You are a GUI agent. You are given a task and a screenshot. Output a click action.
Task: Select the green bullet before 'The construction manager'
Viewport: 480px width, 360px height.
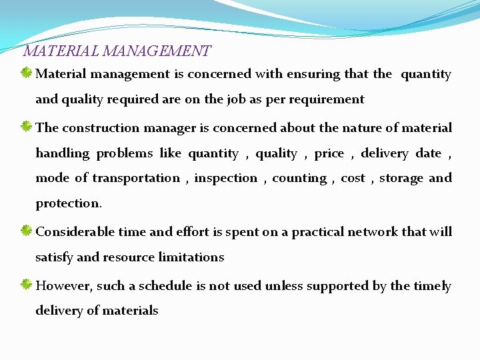pyautogui.click(x=27, y=127)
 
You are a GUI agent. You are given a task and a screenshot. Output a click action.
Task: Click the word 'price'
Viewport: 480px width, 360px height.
pyautogui.click(x=329, y=153)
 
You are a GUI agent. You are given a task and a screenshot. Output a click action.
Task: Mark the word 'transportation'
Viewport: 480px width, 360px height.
pyautogui.click(x=136, y=178)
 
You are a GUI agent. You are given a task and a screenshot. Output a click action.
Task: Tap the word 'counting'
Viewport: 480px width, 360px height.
pyautogui.click(x=299, y=178)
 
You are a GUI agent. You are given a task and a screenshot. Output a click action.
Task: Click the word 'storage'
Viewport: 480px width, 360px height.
pyautogui.click(x=401, y=178)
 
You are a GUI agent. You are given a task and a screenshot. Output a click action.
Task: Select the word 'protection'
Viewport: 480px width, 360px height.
pyautogui.click(x=67, y=203)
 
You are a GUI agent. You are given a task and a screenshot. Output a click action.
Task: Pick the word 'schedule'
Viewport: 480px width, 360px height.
pyautogui.click(x=165, y=286)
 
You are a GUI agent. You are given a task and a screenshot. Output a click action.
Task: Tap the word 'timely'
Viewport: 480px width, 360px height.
pyautogui.click(x=432, y=286)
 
